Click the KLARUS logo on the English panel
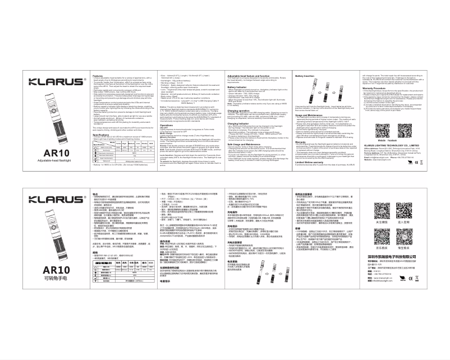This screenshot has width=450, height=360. [49, 82]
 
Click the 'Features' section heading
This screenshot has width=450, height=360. [98, 75]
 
